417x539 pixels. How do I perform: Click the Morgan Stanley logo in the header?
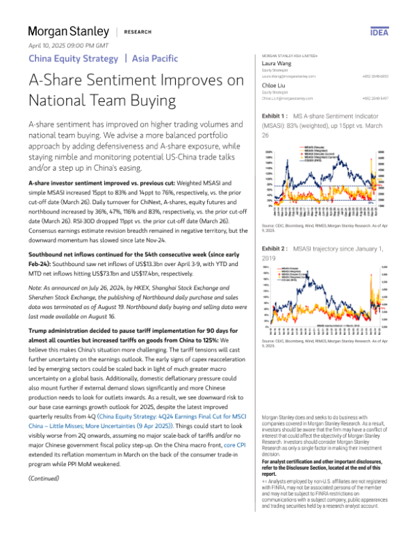pos(68,31)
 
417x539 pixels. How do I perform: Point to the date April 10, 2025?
pos(45,44)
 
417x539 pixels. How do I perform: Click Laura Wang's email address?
pos(288,76)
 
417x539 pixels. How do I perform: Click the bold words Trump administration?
pos(61,342)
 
